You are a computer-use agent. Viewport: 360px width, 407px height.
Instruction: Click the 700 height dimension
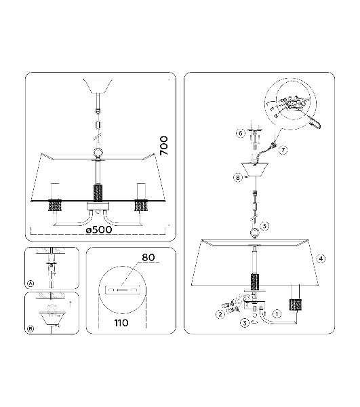[164, 146]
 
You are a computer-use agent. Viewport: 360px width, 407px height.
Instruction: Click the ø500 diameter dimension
[99, 229]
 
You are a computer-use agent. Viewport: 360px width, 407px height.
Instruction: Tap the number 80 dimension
[148, 257]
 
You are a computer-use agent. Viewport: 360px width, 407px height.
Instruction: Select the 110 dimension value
[121, 323]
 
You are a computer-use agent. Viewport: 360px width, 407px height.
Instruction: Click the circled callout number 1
[277, 314]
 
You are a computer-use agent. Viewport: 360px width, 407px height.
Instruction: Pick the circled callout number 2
[220, 315]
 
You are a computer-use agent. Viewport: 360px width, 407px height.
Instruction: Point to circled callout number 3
[245, 323]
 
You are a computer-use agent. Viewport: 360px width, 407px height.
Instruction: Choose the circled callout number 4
[321, 258]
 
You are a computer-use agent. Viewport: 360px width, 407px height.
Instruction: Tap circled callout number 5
[264, 226]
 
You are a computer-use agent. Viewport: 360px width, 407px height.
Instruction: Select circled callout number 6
[241, 133]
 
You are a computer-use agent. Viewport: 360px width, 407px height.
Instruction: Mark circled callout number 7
[283, 150]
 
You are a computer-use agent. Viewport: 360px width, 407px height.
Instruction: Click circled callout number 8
[238, 178]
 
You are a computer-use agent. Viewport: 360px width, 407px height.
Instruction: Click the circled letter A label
[31, 284]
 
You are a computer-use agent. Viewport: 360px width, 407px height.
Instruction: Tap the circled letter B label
[31, 328]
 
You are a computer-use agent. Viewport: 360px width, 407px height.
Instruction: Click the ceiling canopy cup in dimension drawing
[98, 86]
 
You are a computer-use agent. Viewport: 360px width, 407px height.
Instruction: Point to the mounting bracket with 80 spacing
[122, 290]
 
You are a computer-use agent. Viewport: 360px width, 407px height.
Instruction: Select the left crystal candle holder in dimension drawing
[55, 206]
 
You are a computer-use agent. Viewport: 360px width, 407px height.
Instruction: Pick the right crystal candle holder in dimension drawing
[141, 206]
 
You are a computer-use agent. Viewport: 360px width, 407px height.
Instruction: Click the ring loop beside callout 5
[254, 233]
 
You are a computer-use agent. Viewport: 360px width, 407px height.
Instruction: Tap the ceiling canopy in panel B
[50, 318]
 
